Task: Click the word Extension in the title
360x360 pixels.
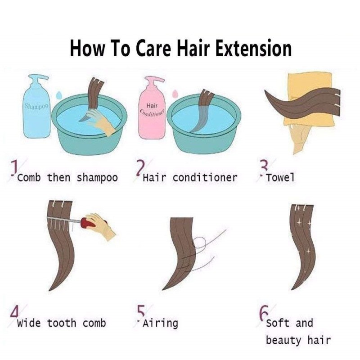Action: coord(254,48)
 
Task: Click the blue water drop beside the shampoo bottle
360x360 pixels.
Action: coord(59,94)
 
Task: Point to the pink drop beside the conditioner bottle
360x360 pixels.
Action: coord(175,93)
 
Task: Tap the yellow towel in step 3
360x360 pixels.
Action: coord(309,99)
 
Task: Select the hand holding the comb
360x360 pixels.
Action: coord(101,226)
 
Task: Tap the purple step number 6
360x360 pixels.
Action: coord(264,313)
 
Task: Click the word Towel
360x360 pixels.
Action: coord(280,177)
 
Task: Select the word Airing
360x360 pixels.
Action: coord(160,323)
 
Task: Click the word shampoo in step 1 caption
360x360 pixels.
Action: coord(97,178)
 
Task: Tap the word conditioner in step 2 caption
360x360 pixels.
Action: coord(205,177)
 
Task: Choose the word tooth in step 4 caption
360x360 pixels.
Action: coord(62,323)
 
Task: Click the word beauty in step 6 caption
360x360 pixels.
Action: coord(283,341)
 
